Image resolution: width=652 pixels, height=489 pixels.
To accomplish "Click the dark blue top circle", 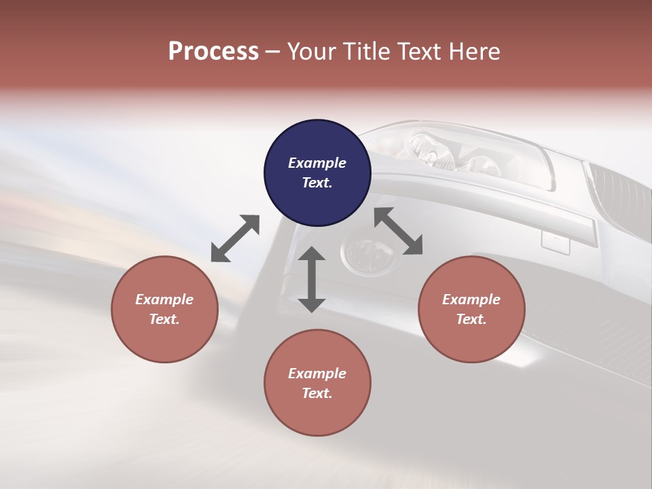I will pos(317,173).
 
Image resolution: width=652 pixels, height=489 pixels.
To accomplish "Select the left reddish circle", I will pos(164,309).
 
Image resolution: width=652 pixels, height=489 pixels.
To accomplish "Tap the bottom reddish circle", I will pos(317,382).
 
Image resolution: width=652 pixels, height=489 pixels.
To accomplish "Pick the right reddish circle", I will pos(471,309).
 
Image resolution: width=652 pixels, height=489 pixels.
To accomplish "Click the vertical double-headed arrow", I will pos(312,279).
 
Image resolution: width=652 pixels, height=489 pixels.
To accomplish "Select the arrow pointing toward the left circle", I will pos(235,238).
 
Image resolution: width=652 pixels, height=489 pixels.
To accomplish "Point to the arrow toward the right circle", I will pos(398,231).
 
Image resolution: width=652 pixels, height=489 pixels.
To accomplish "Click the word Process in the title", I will pos(213,52).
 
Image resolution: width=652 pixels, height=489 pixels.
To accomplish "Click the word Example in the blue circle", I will pos(317,163).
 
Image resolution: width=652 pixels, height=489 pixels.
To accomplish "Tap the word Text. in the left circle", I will pos(164,319).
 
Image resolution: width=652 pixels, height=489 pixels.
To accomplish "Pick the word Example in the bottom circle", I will pos(317,373).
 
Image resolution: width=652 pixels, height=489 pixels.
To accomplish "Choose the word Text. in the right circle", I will pos(471,319).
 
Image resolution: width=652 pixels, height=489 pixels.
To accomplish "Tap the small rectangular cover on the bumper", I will pos(555,242).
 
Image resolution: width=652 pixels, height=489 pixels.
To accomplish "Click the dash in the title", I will pos(273,52).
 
